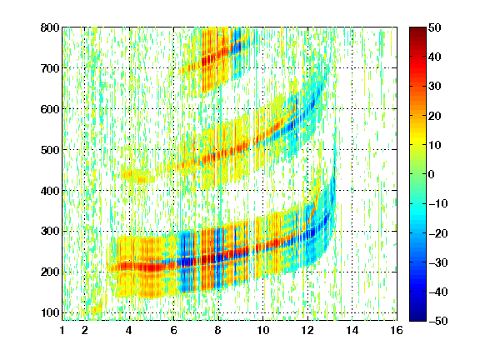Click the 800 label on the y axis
(50, 27)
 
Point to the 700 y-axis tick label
(50, 68)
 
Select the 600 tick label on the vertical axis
(50, 109)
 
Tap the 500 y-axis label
(50, 150)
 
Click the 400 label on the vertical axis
(50, 191)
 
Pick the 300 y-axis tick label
(50, 232)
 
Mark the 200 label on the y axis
(50, 272)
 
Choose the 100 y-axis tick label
(50, 312)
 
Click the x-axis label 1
(62, 330)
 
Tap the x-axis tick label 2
(85, 330)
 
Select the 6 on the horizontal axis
(173, 330)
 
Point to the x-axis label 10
(262, 330)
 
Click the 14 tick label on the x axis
(352, 330)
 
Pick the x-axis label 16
(397, 330)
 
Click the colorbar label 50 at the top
(435, 27)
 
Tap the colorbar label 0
(432, 174)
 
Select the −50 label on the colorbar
(438, 321)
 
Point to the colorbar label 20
(435, 116)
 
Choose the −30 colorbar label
(438, 262)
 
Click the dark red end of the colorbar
(417, 31)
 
